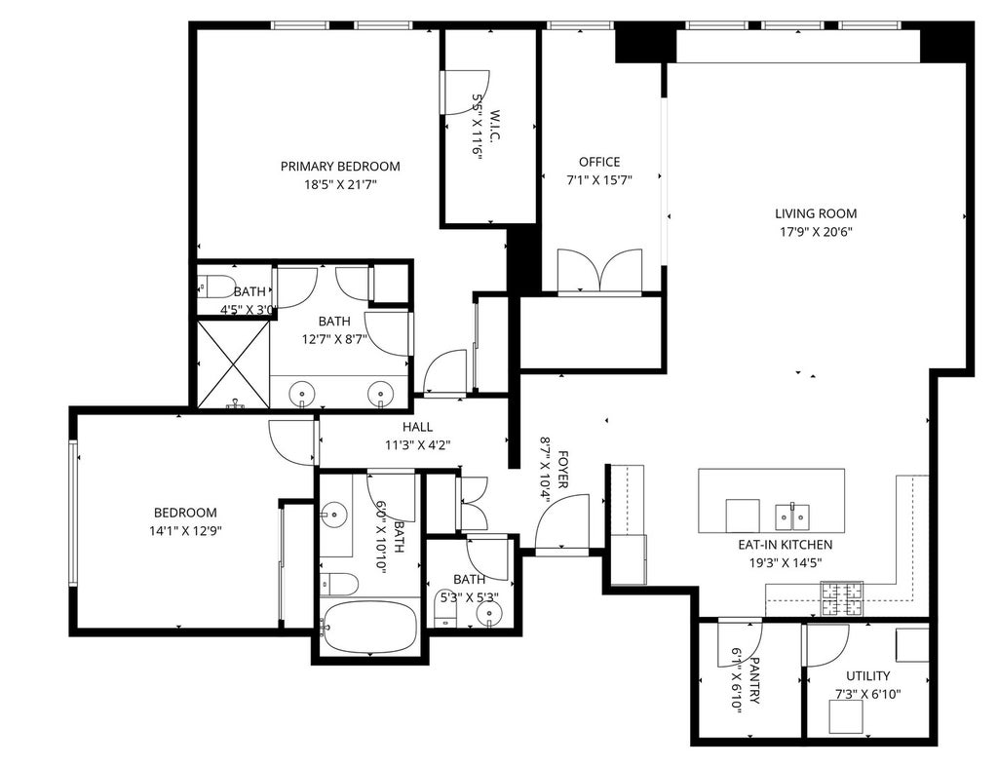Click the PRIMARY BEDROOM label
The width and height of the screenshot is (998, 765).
click(340, 167)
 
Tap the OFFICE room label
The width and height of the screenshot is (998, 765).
click(599, 163)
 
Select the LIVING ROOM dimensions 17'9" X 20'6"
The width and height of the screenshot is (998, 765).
click(816, 232)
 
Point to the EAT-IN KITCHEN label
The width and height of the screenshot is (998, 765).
click(786, 545)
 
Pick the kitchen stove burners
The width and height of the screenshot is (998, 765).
click(841, 599)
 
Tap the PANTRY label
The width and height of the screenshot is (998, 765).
click(755, 681)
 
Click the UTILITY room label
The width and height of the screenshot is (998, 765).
click(868, 676)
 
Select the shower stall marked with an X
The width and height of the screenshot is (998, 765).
click(234, 363)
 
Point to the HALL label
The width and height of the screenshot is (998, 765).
click(417, 427)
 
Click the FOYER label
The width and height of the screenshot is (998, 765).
click(563, 471)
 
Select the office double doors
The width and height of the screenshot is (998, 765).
click(599, 271)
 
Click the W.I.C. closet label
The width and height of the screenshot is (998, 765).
click(496, 126)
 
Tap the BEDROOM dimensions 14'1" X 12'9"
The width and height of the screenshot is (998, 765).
click(185, 531)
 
